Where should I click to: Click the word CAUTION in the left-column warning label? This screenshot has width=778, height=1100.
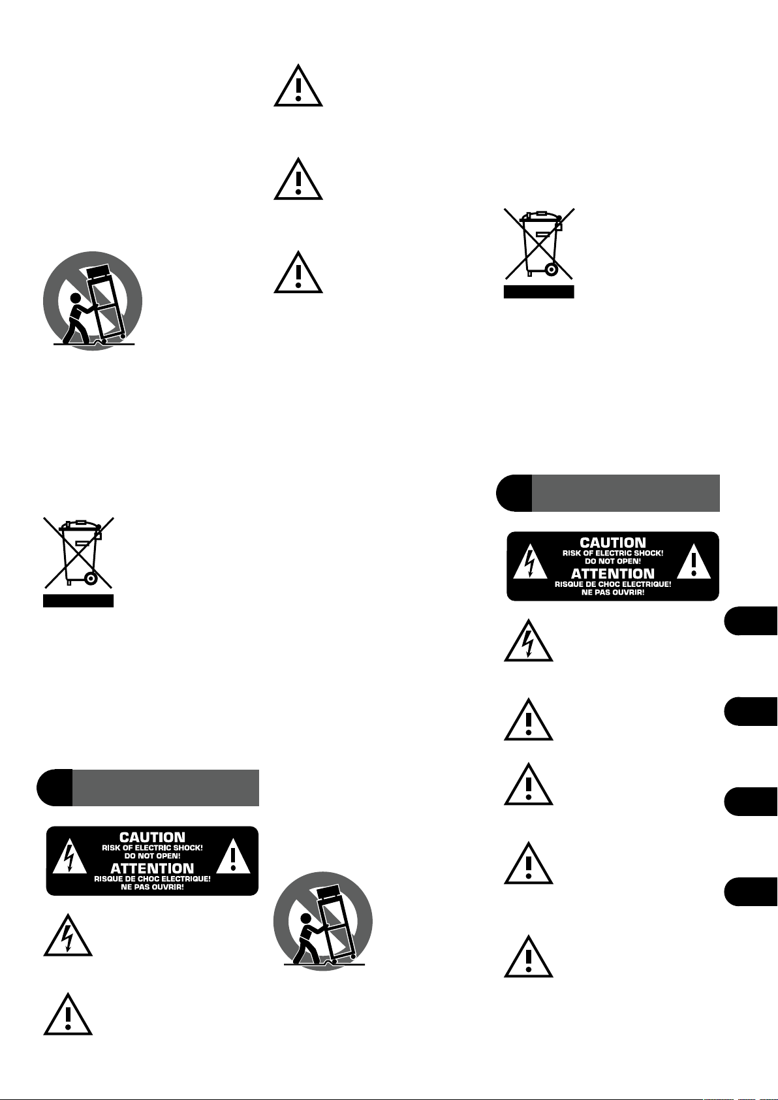152,837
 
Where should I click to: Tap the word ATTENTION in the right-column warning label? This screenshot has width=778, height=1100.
613,574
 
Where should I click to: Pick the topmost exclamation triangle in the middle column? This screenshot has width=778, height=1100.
298,87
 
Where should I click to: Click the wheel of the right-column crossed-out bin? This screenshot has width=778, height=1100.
552,269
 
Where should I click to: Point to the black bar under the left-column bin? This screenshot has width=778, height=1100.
78,601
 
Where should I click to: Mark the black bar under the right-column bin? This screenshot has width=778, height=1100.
538,292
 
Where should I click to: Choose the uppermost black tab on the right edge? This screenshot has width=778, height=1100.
751,620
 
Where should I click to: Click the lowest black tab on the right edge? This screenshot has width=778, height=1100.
751,892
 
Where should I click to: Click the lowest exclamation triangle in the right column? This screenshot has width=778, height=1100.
529,958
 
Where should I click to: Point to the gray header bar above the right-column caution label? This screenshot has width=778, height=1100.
625,493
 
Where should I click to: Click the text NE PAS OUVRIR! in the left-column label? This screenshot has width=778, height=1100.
152,887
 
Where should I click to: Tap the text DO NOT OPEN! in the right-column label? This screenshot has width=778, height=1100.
613,561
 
